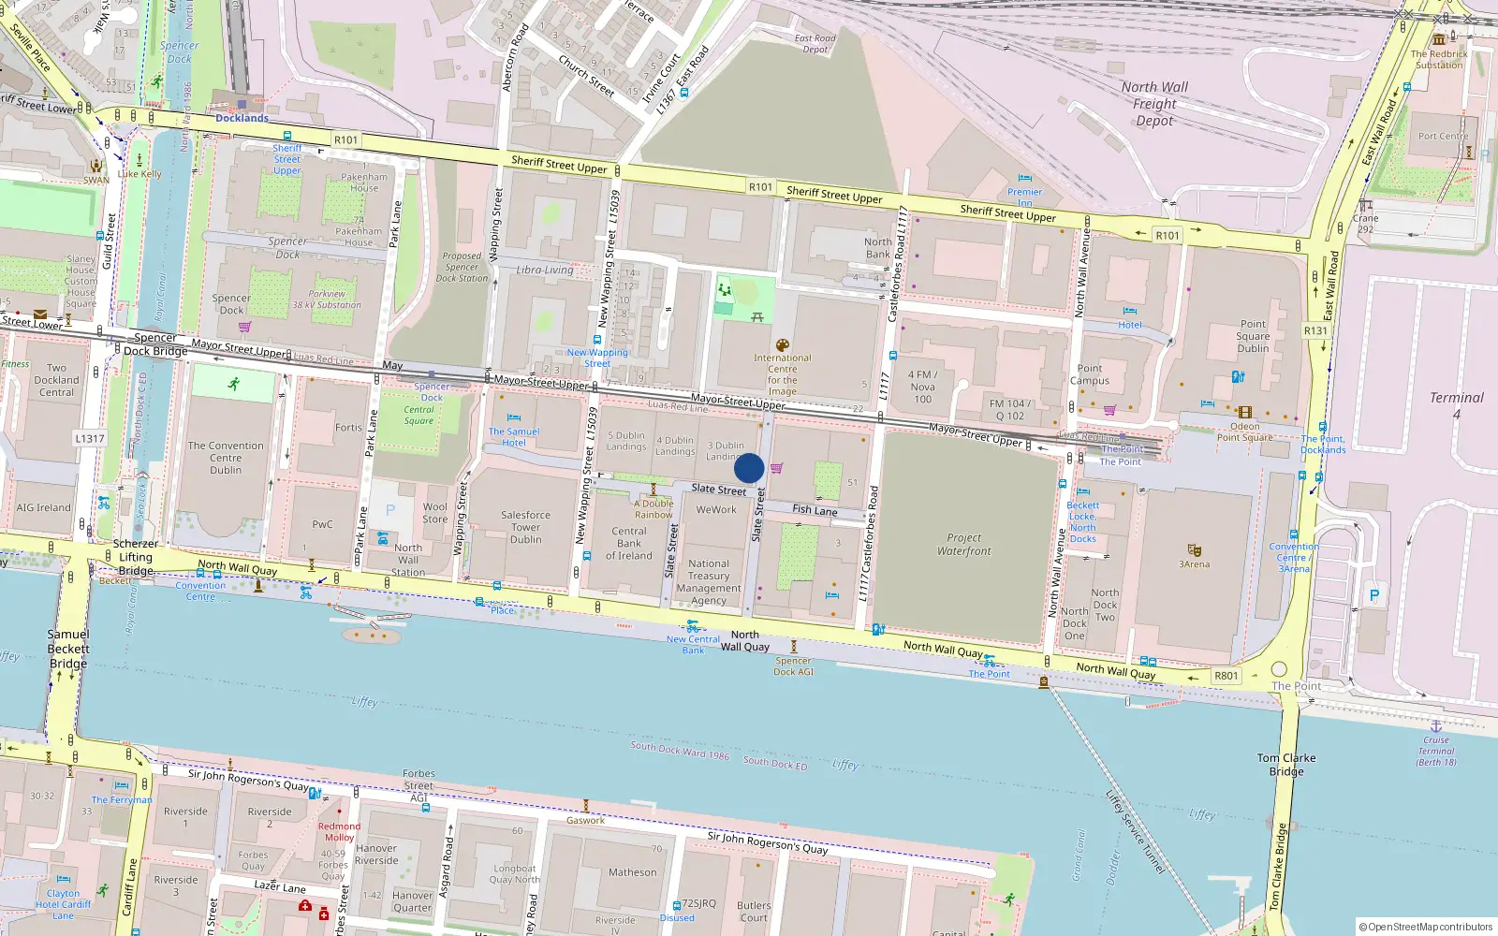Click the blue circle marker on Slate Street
coord(749,468)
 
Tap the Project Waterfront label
coord(963,545)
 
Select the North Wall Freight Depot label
coord(1154,103)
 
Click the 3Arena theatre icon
coord(1194,550)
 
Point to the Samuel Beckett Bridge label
coord(68,649)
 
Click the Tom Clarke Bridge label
coord(1286,764)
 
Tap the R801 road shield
coord(1226,676)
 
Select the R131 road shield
coord(1315,330)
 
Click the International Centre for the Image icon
coord(783,345)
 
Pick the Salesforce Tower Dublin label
coord(525,527)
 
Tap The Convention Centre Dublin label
coord(226,458)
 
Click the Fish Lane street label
coord(815,510)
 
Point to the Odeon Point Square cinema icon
coord(1244,412)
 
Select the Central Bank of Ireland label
coord(629,543)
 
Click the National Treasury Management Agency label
coord(709,582)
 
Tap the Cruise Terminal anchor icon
coord(1435,725)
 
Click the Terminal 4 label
coord(1456,404)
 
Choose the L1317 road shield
coord(90,438)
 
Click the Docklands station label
coord(242,118)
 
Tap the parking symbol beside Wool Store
coord(390,510)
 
